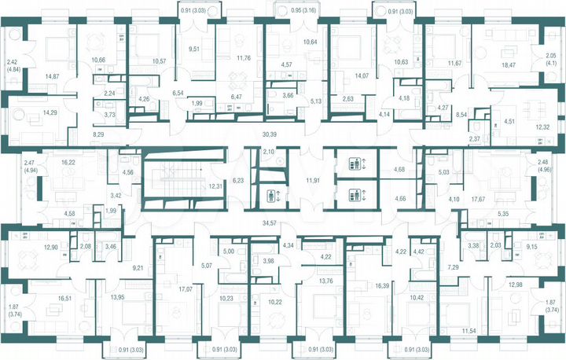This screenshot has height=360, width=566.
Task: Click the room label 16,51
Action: [60, 298]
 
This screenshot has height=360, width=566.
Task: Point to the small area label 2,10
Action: [269, 151]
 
